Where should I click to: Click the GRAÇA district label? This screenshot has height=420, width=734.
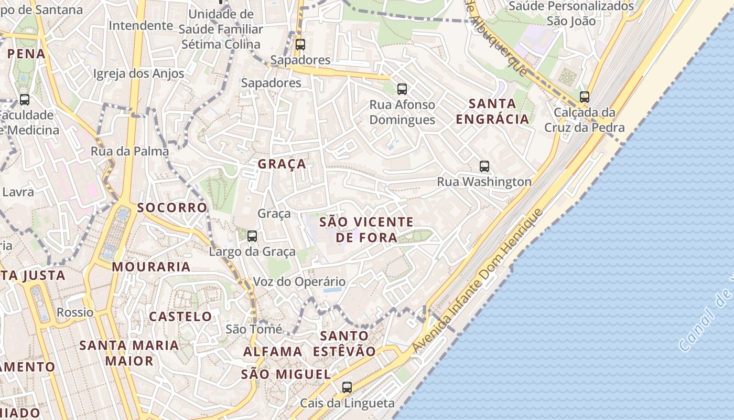coord(282,164)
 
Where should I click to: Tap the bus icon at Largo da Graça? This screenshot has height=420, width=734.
coord(252,236)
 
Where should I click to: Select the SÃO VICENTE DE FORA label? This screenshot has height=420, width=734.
coord(366,230)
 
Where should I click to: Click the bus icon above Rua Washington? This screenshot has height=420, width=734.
coord(484,166)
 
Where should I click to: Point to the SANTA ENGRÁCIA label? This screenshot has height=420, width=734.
coord(492,111)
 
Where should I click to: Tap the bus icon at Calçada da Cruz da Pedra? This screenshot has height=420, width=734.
coord(585,97)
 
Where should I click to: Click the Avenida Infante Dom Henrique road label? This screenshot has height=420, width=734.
coord(477,281)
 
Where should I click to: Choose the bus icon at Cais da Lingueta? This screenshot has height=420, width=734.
coord(347,387)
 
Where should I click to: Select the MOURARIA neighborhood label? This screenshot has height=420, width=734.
coord(151,267)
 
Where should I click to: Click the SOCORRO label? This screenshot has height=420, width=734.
coord(172,207)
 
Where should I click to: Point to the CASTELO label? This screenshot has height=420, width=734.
coord(180,317)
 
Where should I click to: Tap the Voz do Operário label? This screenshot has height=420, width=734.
coord(299,282)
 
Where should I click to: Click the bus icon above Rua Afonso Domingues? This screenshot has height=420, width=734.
coord(402,89)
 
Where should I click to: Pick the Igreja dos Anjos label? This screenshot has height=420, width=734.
coord(138,73)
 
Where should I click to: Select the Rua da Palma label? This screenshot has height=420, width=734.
coord(130,151)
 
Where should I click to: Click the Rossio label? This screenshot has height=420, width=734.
coord(75,312)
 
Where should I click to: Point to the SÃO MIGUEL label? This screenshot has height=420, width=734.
coord(286,374)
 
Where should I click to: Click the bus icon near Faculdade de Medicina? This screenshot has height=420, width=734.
coord(25,99)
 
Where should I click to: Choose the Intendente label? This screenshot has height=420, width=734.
coord(141,25)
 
